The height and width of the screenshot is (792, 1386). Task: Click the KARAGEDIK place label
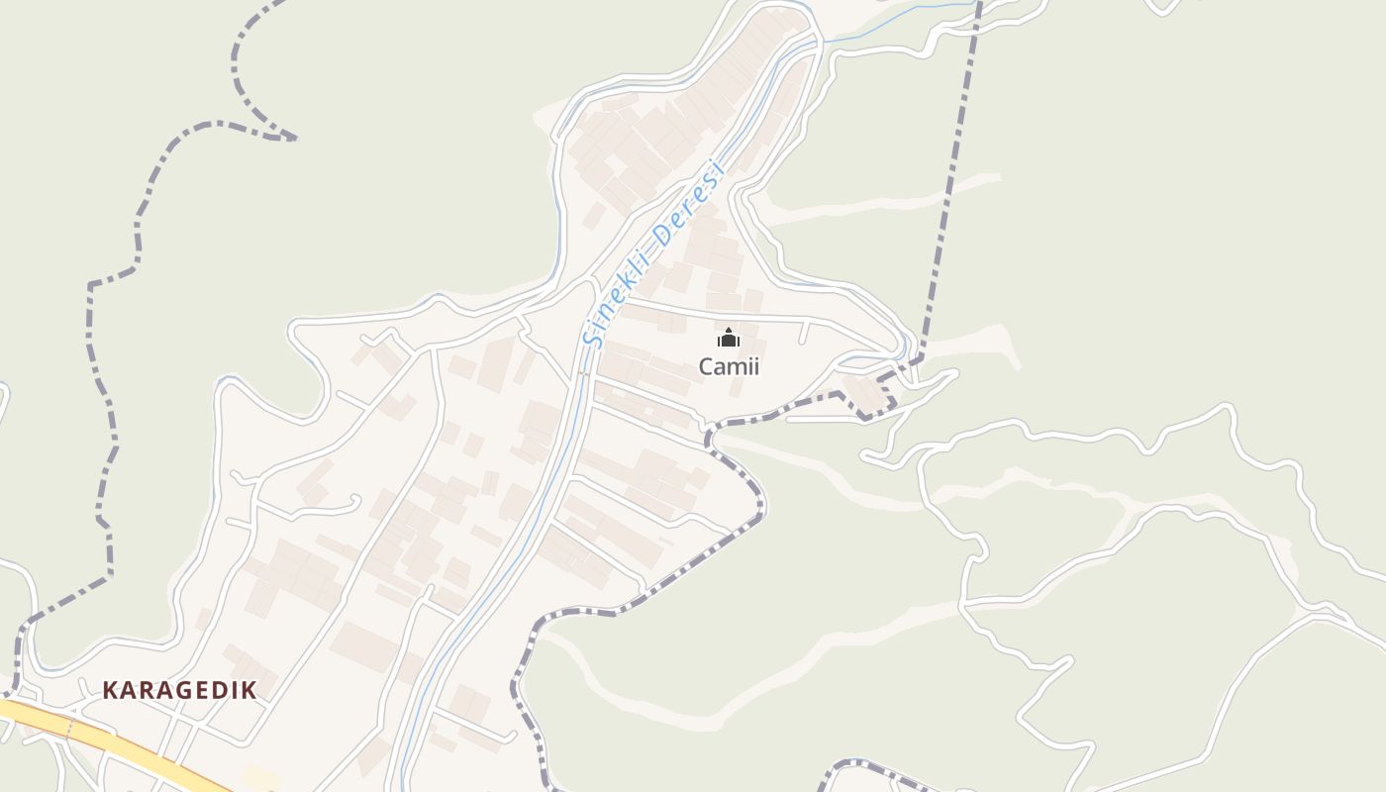click(179, 690)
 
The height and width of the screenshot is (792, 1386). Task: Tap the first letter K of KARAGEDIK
click(110, 690)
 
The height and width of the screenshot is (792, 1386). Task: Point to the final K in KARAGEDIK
click(249, 690)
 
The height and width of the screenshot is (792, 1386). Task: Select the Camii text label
click(729, 366)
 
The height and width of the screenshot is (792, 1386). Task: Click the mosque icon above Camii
click(729, 339)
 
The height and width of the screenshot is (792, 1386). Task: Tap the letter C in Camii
click(707, 366)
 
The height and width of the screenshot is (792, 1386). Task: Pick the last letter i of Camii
click(755, 366)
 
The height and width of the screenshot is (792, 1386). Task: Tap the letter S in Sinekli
click(593, 337)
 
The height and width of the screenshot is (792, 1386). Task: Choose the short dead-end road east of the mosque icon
click(804, 333)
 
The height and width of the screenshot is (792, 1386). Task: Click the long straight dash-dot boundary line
click(950, 178)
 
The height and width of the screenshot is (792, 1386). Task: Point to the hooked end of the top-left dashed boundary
click(287, 137)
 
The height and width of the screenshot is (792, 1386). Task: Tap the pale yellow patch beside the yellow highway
click(259, 777)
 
